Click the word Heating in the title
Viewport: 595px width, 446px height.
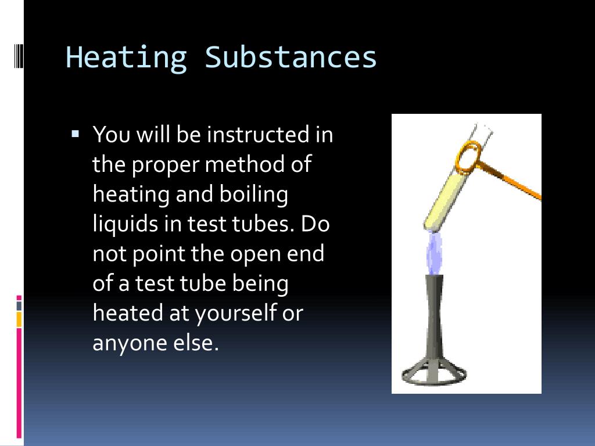pos(126,57)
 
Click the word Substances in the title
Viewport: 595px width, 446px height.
pos(291,57)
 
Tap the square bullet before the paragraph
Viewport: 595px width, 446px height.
pos(75,134)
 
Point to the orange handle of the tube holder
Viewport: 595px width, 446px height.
pos(514,182)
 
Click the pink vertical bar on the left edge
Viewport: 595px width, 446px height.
pos(19,383)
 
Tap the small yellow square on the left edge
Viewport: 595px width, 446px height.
pos(19,319)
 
